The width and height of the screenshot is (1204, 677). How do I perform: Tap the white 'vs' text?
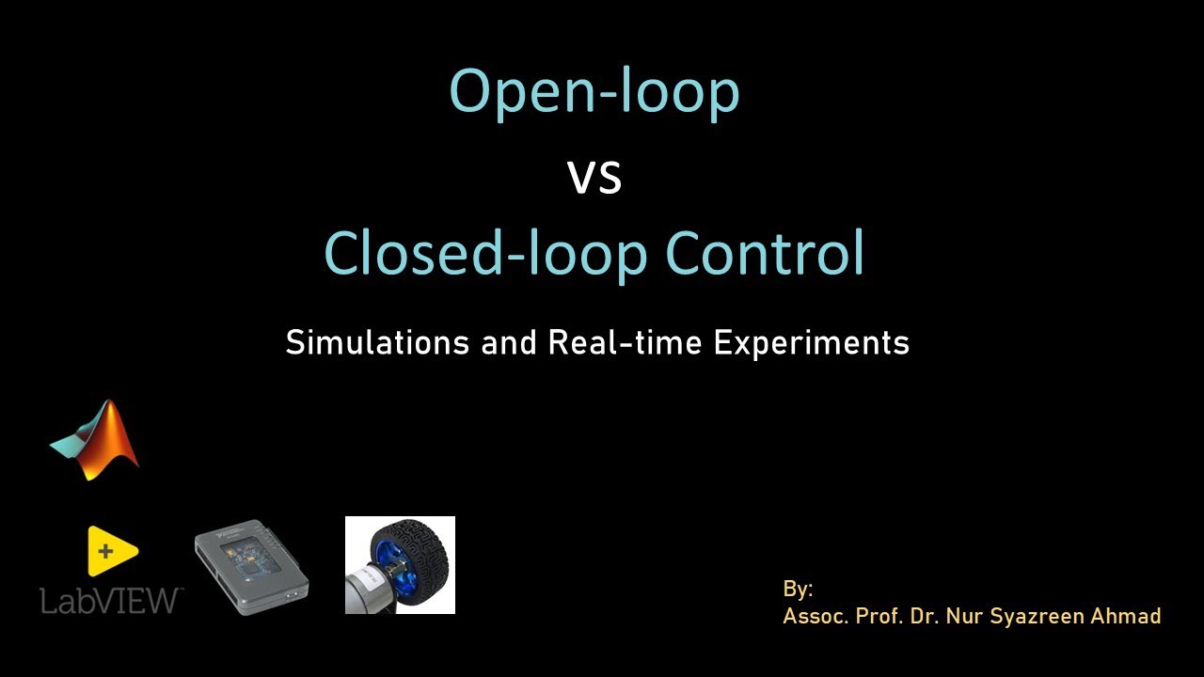pyautogui.click(x=594, y=179)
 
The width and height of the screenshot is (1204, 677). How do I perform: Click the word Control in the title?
pyautogui.click(x=765, y=253)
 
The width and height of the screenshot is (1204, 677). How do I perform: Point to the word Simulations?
pyautogui.click(x=377, y=342)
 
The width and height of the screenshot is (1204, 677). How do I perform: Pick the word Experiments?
pyautogui.click(x=811, y=343)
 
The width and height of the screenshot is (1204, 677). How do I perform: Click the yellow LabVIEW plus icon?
pyautogui.click(x=111, y=551)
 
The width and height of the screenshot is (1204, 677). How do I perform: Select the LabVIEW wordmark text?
pyautogui.click(x=111, y=599)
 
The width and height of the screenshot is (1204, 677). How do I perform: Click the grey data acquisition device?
pyautogui.click(x=252, y=570)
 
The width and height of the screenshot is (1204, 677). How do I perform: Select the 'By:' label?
pyautogui.click(x=798, y=590)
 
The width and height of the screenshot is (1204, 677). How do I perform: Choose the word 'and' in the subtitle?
pyautogui.click(x=511, y=342)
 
